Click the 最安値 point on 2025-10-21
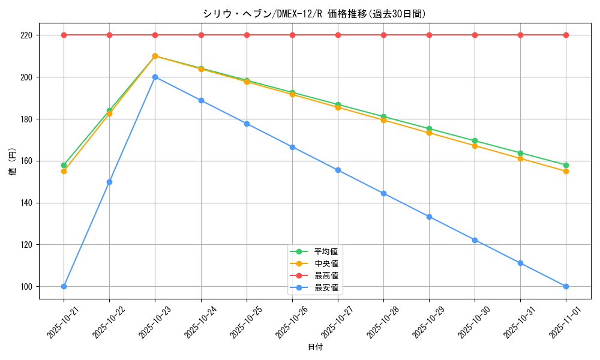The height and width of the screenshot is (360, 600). pyautogui.click(x=64, y=286)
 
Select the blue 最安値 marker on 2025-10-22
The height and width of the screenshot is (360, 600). pyautogui.click(x=109, y=182)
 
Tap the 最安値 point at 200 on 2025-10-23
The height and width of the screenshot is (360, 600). pyautogui.click(x=155, y=77)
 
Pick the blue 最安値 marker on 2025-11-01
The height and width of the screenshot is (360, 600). pyautogui.click(x=566, y=286)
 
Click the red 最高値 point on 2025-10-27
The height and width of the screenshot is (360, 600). pyautogui.click(x=338, y=35)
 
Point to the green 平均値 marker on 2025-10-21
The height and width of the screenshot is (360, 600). pyautogui.click(x=64, y=165)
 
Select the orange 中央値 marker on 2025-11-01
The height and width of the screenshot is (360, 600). pyautogui.click(x=566, y=171)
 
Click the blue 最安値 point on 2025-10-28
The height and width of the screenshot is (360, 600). pyautogui.click(x=383, y=193)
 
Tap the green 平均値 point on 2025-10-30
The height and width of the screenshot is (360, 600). pyautogui.click(x=475, y=141)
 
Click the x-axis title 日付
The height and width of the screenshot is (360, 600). pyautogui.click(x=314, y=347)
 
